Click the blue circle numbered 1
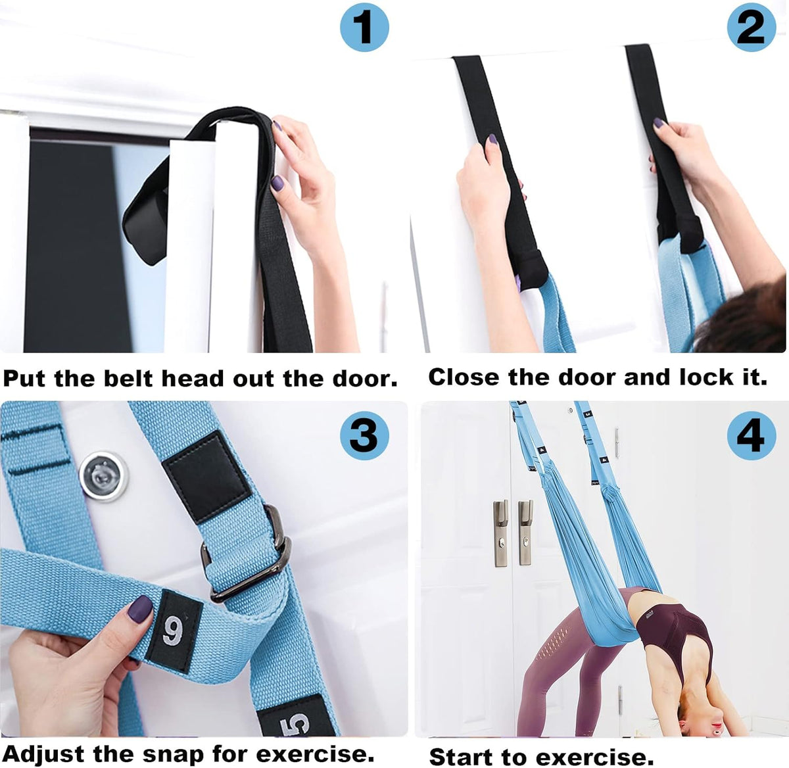[364, 28]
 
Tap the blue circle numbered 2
[752, 28]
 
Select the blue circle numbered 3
[364, 436]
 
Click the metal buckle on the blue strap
[248, 554]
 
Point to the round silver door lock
[104, 477]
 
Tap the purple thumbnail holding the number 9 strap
[140, 609]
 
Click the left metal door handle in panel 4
[501, 533]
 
